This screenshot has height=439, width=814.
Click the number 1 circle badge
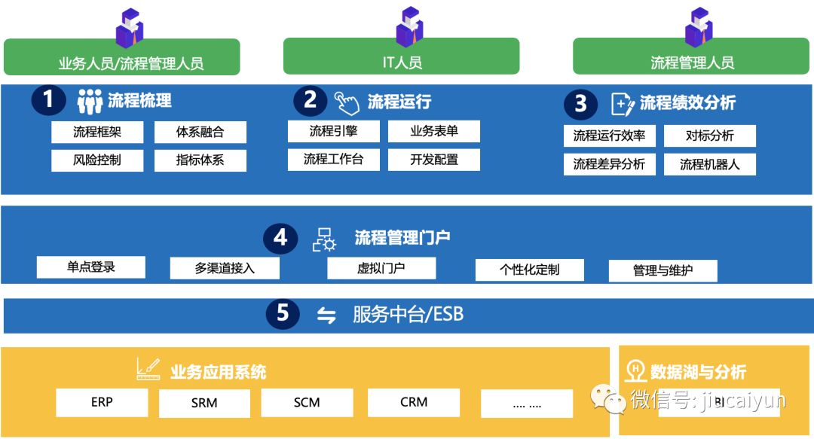49,100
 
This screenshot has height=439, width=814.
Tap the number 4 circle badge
280,238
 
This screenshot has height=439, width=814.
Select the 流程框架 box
97,133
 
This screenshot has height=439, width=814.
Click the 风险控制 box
97,160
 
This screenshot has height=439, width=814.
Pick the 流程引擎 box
333,131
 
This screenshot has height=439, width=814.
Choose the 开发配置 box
434,160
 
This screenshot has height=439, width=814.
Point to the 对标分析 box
709,136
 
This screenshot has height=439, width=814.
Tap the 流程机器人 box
709,164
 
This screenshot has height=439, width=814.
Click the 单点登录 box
91,267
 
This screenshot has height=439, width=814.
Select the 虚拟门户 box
381,268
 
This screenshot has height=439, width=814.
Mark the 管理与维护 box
663,270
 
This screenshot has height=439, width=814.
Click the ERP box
102,402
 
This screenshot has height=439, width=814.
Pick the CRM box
414,402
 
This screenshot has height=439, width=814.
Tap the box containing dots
527,404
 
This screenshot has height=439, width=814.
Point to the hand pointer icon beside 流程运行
347,102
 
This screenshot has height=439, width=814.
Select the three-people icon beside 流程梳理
90,101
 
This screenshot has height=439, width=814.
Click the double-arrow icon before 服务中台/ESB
326,316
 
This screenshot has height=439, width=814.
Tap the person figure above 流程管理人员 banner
698,27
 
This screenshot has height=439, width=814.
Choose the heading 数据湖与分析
697,371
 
